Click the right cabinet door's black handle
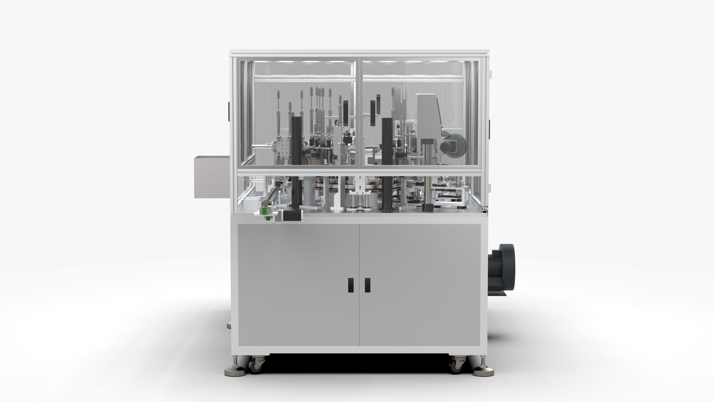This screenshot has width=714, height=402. (x=367, y=285)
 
